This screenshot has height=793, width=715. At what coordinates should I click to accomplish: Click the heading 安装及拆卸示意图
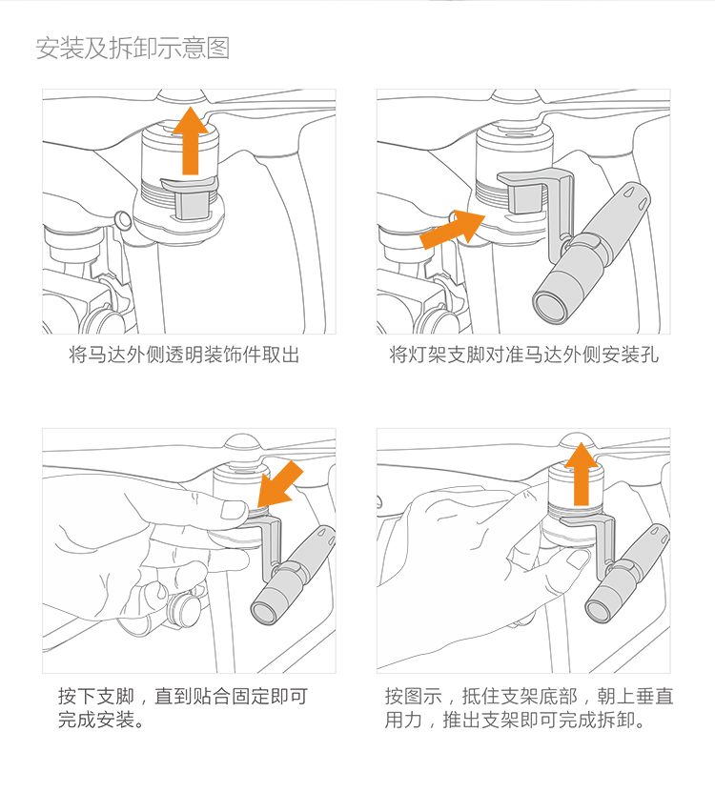tap(133, 49)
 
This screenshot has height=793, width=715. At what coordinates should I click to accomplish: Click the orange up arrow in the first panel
tap(191, 141)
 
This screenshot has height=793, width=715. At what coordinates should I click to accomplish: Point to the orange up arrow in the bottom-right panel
tap(582, 475)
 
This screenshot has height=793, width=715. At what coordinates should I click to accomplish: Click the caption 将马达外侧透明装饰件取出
tap(184, 355)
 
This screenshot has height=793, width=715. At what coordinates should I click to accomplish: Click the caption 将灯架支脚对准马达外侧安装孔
tap(523, 355)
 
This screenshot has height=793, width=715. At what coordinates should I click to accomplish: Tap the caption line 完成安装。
tap(101, 720)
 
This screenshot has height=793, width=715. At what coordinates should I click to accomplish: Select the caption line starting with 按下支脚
tap(183, 697)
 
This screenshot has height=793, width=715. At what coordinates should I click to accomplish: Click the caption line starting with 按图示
tap(529, 697)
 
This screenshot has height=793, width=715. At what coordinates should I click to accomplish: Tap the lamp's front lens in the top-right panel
tap(549, 307)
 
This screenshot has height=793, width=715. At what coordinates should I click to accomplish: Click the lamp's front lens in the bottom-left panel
tap(265, 613)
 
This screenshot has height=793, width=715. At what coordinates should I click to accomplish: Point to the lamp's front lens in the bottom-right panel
tap(599, 612)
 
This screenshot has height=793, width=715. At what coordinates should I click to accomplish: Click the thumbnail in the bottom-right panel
tap(578, 559)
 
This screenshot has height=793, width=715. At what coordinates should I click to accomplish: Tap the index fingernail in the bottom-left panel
tap(234, 510)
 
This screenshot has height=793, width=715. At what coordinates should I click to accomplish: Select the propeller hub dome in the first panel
tap(182, 96)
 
